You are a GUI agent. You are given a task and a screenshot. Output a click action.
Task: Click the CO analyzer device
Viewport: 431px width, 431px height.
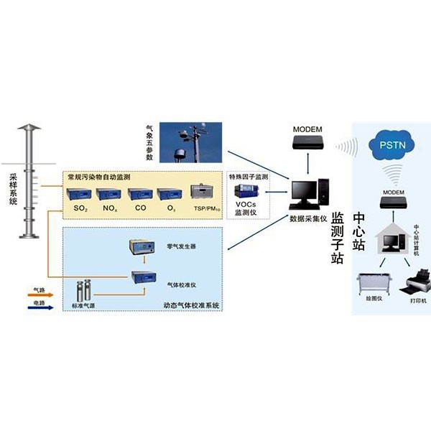click(x=139, y=193)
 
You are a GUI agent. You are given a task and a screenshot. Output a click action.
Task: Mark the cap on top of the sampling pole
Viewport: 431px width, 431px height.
click(x=28, y=129)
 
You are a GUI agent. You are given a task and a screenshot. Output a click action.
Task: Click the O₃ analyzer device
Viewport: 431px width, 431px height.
click(x=170, y=193)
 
